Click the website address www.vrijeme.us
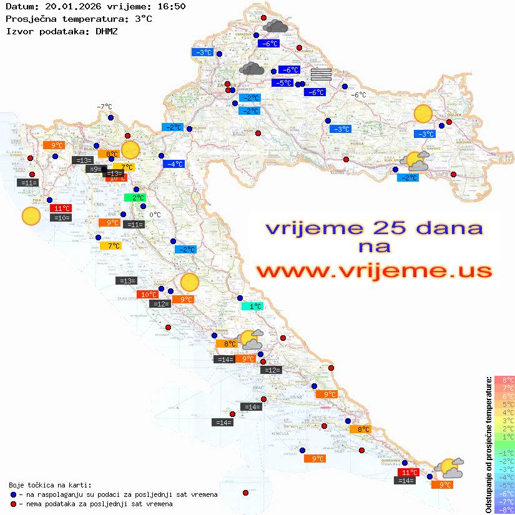[373, 271]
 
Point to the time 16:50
[171, 7]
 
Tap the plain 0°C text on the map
[155, 215]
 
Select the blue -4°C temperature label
[174, 164]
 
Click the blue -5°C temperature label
[283, 83]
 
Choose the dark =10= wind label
[61, 218]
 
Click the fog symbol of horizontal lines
[321, 74]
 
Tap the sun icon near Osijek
[423, 114]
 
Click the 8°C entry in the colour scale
[504, 380]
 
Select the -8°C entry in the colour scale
[504, 509]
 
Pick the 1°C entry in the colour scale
[504, 436]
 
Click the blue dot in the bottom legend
[14, 494]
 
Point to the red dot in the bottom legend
[14, 504]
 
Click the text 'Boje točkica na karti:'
[50, 484]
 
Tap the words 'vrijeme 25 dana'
[373, 228]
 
